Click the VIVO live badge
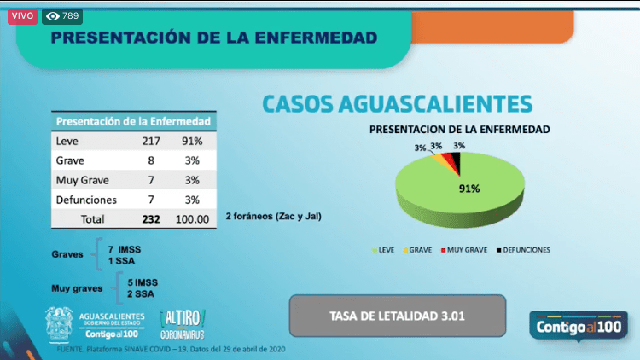[22, 15]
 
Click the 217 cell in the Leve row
[151, 142]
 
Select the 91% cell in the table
[191, 142]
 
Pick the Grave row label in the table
[70, 160]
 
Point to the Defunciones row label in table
[85, 200]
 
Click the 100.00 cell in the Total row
[192, 219]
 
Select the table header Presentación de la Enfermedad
[131, 121]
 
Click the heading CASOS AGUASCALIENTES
[397, 104]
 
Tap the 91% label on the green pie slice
[469, 189]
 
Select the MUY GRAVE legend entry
[464, 250]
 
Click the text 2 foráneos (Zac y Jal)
[273, 218]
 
